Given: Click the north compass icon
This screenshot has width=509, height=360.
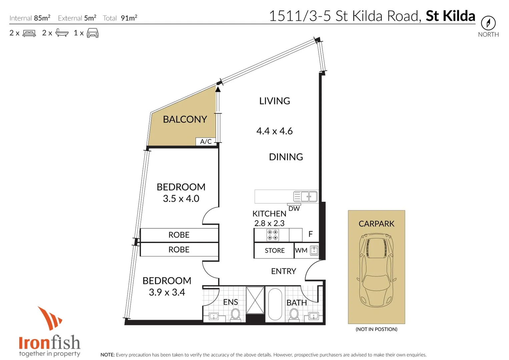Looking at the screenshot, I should [488, 23].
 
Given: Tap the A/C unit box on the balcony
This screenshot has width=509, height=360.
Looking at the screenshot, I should [206, 141].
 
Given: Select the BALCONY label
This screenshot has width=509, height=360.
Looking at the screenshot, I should [185, 119].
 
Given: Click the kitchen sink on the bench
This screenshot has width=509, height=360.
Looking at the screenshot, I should [305, 196].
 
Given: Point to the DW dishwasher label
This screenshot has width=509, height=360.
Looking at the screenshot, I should [294, 209].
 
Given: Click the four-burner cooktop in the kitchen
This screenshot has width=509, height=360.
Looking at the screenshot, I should [273, 235].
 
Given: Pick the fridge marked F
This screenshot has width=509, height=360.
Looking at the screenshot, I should [311, 234].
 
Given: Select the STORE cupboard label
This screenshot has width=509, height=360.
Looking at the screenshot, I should [275, 251].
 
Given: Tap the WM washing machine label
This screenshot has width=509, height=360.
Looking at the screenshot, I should [301, 250].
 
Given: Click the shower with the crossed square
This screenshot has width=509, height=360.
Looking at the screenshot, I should [255, 300].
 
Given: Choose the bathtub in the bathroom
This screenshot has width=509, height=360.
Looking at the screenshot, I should [275, 304].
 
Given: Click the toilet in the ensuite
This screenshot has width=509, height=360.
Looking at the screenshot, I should [235, 314].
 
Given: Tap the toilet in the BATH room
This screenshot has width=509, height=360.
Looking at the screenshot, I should [294, 314].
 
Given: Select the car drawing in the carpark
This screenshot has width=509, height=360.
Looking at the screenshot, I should [376, 270].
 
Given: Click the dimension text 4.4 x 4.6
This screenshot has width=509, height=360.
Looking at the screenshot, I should [274, 131].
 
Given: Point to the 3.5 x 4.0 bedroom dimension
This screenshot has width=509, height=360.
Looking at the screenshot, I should [181, 199].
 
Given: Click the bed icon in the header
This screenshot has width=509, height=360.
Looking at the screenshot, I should [29, 33].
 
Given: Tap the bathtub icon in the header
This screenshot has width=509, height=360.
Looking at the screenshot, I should [62, 33].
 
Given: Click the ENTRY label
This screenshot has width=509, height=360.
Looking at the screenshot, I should [283, 271].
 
